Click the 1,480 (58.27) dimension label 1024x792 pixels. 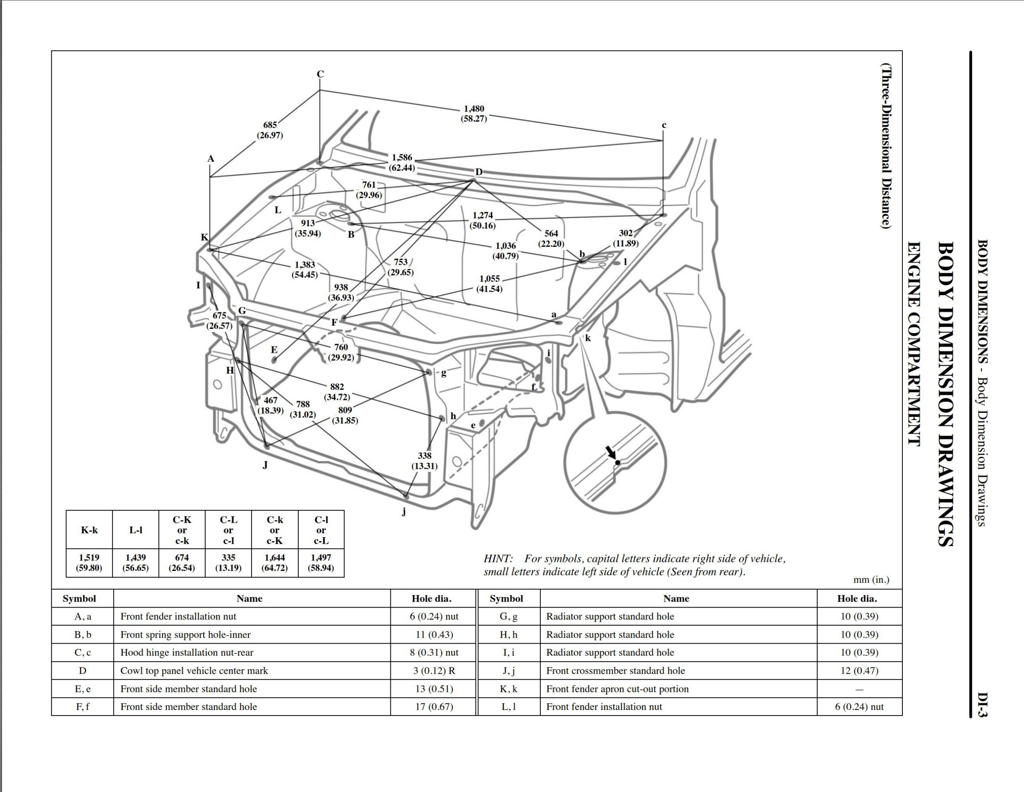[474, 114]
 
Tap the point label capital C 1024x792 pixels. [320, 74]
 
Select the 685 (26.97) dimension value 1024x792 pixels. [270, 130]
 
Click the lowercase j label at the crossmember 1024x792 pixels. [404, 511]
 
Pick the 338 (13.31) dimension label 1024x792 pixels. [424, 460]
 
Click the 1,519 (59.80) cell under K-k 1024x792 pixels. [89, 562]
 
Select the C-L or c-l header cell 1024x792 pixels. [228, 530]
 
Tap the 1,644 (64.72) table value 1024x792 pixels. [275, 562]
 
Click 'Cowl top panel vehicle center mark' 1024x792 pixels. [194, 670]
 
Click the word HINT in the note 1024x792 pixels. [498, 558]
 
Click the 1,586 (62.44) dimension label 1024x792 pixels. [402, 162]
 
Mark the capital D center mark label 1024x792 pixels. [479, 172]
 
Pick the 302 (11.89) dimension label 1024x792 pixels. [626, 238]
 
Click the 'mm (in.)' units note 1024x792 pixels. [871, 580]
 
